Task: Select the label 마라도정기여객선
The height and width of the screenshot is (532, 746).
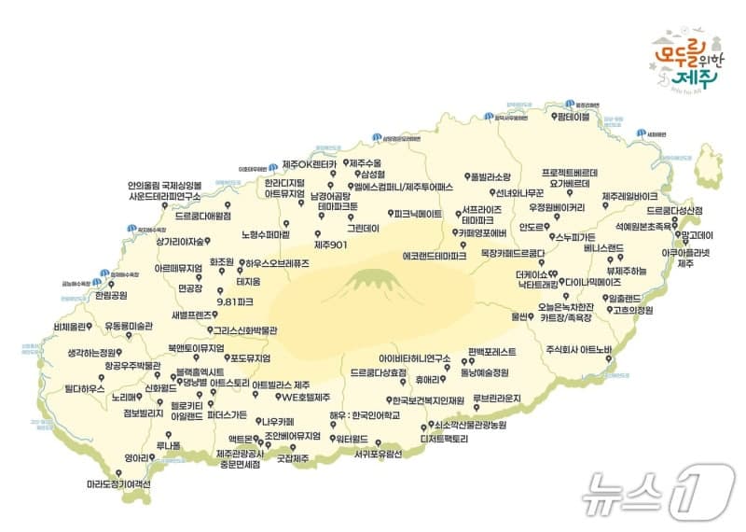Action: click(118, 485)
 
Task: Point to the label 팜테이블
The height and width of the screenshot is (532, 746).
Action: click(570, 119)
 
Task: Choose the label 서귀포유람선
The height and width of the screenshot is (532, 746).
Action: click(378, 455)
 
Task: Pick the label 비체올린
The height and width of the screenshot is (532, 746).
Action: click(71, 327)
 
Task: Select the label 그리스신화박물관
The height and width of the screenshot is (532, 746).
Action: click(245, 329)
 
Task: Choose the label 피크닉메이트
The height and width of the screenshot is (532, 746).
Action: click(418, 214)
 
